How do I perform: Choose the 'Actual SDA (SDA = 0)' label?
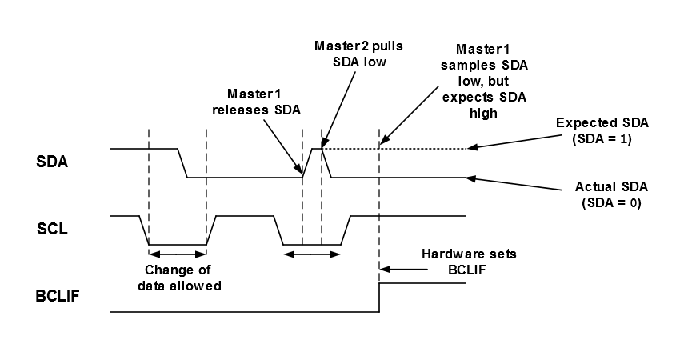609,194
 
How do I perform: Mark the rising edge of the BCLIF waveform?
379,296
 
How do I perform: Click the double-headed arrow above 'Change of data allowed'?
178,255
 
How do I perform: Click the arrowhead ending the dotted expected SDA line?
474,148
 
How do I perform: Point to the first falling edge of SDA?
182,162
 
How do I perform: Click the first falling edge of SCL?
145,230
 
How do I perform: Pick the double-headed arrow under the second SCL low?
313,255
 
